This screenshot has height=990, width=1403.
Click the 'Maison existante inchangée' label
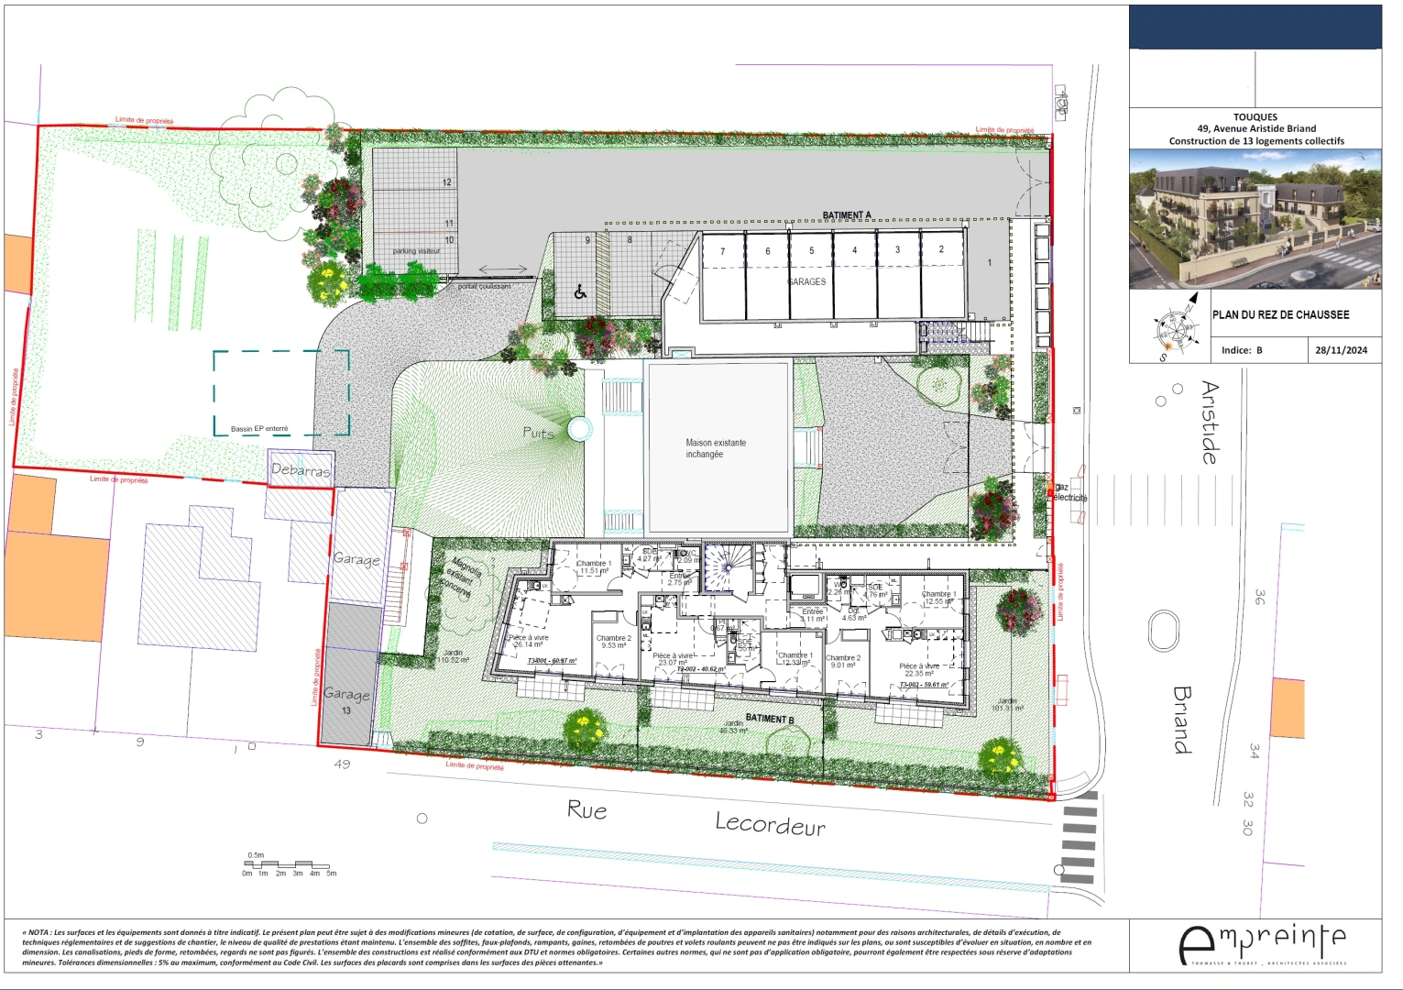(716, 448)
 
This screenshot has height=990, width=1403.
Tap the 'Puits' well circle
(579, 429)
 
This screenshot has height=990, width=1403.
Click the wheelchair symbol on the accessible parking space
(580, 292)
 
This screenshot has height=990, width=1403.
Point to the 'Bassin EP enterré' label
(259, 428)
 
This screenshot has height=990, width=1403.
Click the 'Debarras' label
(300, 470)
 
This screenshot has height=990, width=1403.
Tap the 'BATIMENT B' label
(770, 719)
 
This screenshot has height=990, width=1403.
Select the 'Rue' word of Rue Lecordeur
(586, 810)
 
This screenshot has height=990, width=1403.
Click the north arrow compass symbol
(1178, 325)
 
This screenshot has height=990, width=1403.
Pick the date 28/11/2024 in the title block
(1341, 350)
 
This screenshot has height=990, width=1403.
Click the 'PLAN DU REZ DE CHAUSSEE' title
(1280, 314)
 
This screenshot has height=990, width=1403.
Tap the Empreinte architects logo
(1263, 944)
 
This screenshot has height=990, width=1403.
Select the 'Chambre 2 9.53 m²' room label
(613, 642)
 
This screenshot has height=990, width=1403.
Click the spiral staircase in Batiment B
(727, 569)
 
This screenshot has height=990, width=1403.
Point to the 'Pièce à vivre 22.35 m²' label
(919, 670)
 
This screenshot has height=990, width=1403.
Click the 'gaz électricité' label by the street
(1069, 493)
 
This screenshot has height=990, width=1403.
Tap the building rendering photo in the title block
(1255, 219)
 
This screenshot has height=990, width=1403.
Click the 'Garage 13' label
(346, 700)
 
